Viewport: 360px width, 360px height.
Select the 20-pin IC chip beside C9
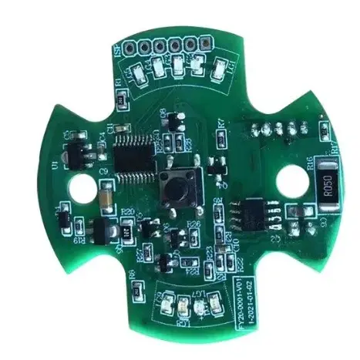pyautogui.click(x=136, y=153)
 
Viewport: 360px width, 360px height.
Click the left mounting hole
pyautogui.click(x=81, y=186)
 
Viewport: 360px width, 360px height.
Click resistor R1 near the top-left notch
pyautogui.click(x=121, y=98)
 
